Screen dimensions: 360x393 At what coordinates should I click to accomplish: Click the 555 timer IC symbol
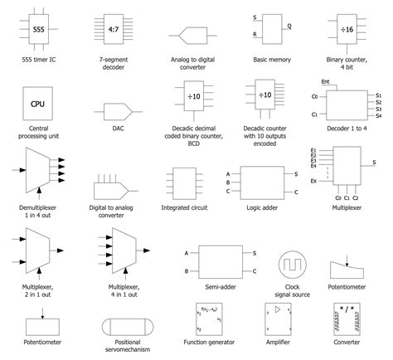(x=39, y=29)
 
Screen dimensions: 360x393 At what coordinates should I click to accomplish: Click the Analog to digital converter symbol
(x=192, y=36)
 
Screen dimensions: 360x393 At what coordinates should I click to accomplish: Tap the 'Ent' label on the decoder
(x=326, y=81)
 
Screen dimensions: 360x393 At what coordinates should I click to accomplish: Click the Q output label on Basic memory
(x=289, y=27)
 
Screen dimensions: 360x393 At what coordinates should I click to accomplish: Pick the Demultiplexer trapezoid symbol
(x=38, y=171)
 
